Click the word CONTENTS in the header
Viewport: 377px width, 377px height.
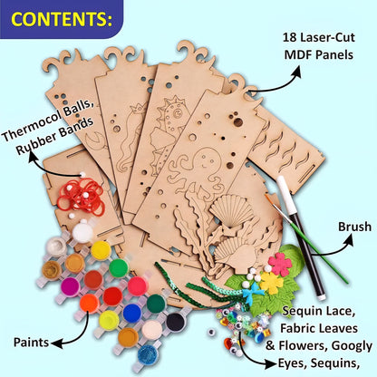pos(60,19)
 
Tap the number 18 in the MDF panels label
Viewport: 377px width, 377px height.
pos(289,38)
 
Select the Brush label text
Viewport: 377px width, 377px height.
pos(354,227)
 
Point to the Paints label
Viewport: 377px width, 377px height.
pos(31,343)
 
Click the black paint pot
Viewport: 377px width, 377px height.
pos(175,322)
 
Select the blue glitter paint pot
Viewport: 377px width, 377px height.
pos(148,355)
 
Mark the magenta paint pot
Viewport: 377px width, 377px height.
pos(70,287)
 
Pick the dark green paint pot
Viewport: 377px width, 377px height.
pos(156,304)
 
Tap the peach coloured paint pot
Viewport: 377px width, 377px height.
pos(152,330)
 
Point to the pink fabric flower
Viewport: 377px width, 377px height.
pos(280,265)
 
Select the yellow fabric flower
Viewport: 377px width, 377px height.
pos(271,283)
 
